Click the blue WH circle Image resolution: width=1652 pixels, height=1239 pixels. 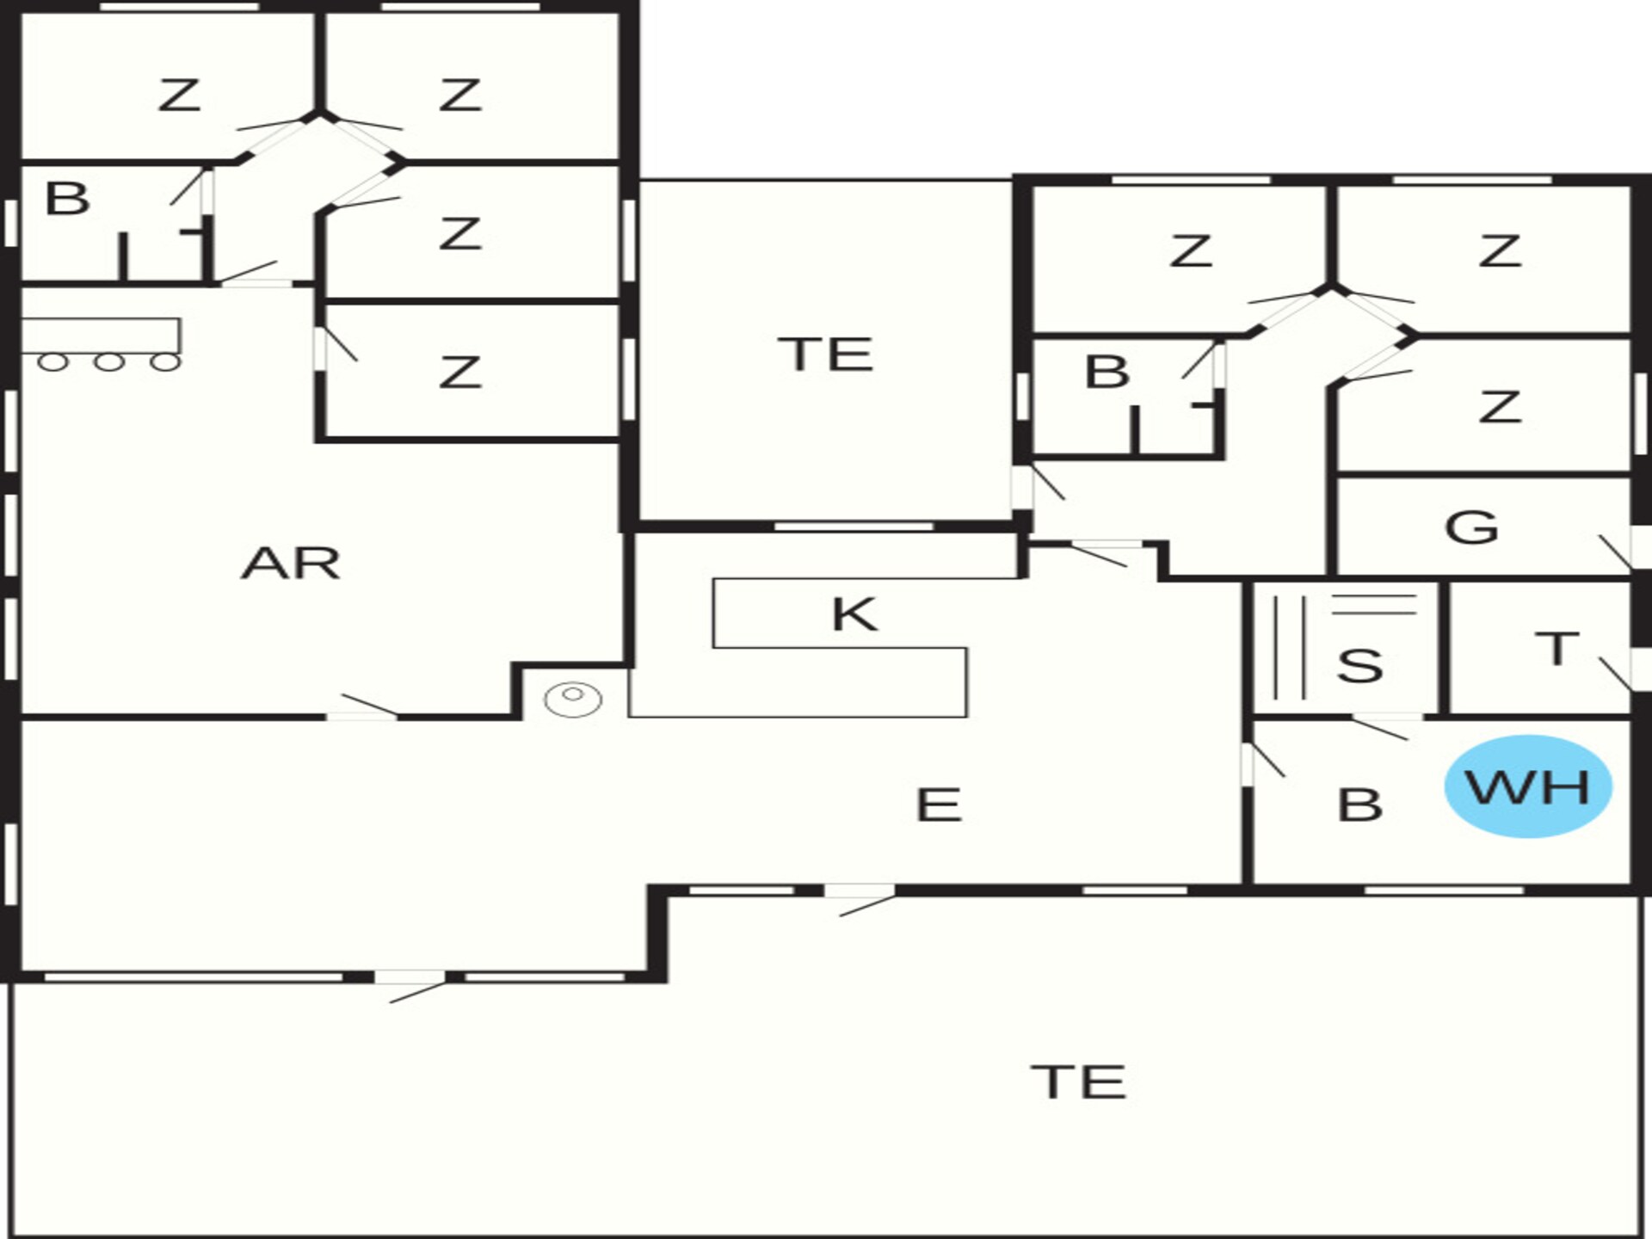click(x=1527, y=786)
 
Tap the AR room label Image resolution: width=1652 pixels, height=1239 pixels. click(x=291, y=564)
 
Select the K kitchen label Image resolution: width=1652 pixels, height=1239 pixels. click(x=854, y=614)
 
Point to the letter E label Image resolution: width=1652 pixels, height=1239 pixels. click(x=939, y=805)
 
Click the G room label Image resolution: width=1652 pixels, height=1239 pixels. click(x=1471, y=527)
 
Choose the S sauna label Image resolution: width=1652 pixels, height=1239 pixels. click(x=1359, y=666)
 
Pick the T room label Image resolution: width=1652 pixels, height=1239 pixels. click(x=1557, y=648)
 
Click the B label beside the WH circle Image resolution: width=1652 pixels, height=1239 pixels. click(x=1360, y=805)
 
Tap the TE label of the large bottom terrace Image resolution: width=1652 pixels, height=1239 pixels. click(x=1079, y=1082)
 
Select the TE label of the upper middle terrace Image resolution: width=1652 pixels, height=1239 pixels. click(x=825, y=354)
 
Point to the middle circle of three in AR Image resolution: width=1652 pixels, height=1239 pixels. click(x=108, y=362)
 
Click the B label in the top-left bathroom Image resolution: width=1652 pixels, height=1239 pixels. click(x=67, y=199)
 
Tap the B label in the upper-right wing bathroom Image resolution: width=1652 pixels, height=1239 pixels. click(x=1107, y=372)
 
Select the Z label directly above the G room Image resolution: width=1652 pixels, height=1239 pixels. click(x=1501, y=407)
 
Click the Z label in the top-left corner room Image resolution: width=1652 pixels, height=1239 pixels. click(x=179, y=95)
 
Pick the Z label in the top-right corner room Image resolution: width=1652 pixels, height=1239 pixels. click(x=1501, y=251)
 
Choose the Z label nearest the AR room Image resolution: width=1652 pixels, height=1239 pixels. click(x=459, y=373)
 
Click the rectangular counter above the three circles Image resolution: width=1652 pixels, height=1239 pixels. click(x=101, y=336)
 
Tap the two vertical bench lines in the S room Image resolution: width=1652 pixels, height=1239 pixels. click(x=1290, y=647)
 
